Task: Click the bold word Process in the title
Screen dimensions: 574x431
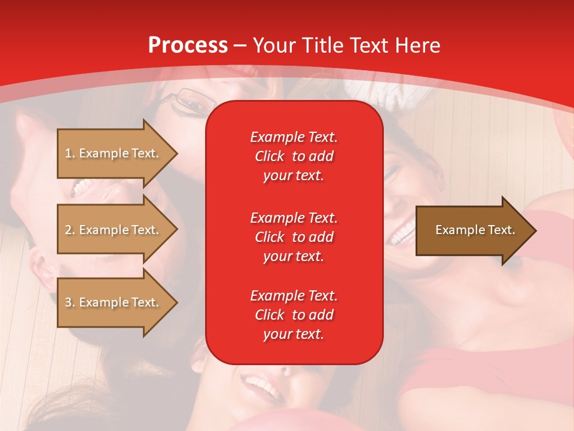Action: [x=188, y=46]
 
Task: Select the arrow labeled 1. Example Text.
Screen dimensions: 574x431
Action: [x=118, y=153]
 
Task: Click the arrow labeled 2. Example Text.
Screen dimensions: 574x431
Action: [x=118, y=229]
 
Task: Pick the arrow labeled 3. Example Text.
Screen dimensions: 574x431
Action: [x=118, y=302]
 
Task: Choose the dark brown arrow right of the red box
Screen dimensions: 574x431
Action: [x=476, y=230]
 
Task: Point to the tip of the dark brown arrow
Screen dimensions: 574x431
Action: [x=537, y=230]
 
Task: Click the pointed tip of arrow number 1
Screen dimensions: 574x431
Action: [x=178, y=153]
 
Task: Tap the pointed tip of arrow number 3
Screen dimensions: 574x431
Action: [x=178, y=303]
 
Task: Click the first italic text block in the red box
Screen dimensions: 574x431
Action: [x=294, y=156]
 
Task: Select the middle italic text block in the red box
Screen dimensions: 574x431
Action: [x=294, y=237]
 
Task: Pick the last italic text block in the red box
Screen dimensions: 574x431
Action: [x=294, y=315]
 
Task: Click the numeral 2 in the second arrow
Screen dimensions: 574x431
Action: [x=68, y=230]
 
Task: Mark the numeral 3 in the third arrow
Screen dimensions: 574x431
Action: [x=68, y=302]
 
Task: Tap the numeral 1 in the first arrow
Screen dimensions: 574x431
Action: [x=68, y=153]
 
